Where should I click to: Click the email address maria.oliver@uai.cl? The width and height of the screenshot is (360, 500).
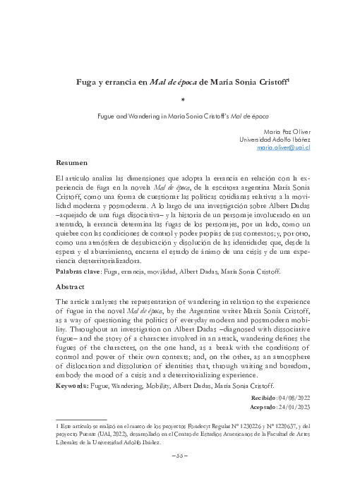click(x=284, y=149)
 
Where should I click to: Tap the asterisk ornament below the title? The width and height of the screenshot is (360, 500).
click(x=183, y=100)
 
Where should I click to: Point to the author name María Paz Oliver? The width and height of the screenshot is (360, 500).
click(x=288, y=131)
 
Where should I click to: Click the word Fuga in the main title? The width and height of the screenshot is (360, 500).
click(x=88, y=82)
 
